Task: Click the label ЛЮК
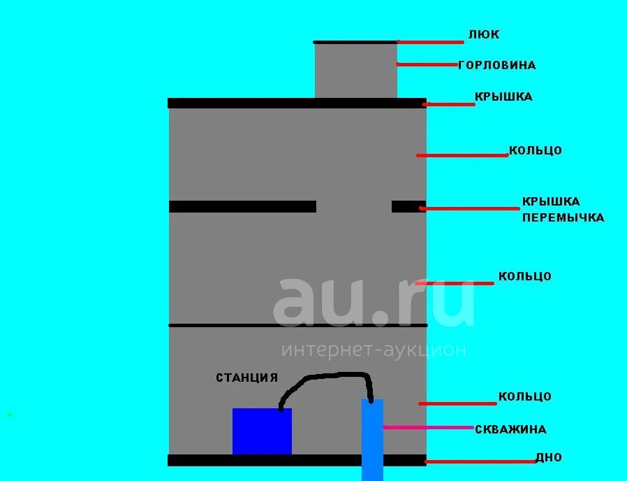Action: coord(483,34)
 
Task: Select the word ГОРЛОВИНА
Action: coord(496,65)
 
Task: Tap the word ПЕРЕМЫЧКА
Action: coord(563,217)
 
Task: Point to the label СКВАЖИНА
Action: coord(510,429)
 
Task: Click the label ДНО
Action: coord(549,457)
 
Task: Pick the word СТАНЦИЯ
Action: coord(246,378)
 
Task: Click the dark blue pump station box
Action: coord(262,431)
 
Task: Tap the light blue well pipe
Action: coord(372,440)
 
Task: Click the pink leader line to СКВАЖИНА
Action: coord(428,427)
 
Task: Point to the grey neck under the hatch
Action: coord(356,71)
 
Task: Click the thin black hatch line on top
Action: coord(355,42)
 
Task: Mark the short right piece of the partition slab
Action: coord(408,207)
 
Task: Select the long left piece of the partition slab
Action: coord(243,207)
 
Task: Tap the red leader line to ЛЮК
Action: coord(430,42)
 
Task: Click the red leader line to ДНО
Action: coord(480,462)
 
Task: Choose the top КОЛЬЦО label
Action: coord(536,150)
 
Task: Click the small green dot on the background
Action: coord(10,415)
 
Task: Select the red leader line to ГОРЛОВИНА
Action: coord(427,64)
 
